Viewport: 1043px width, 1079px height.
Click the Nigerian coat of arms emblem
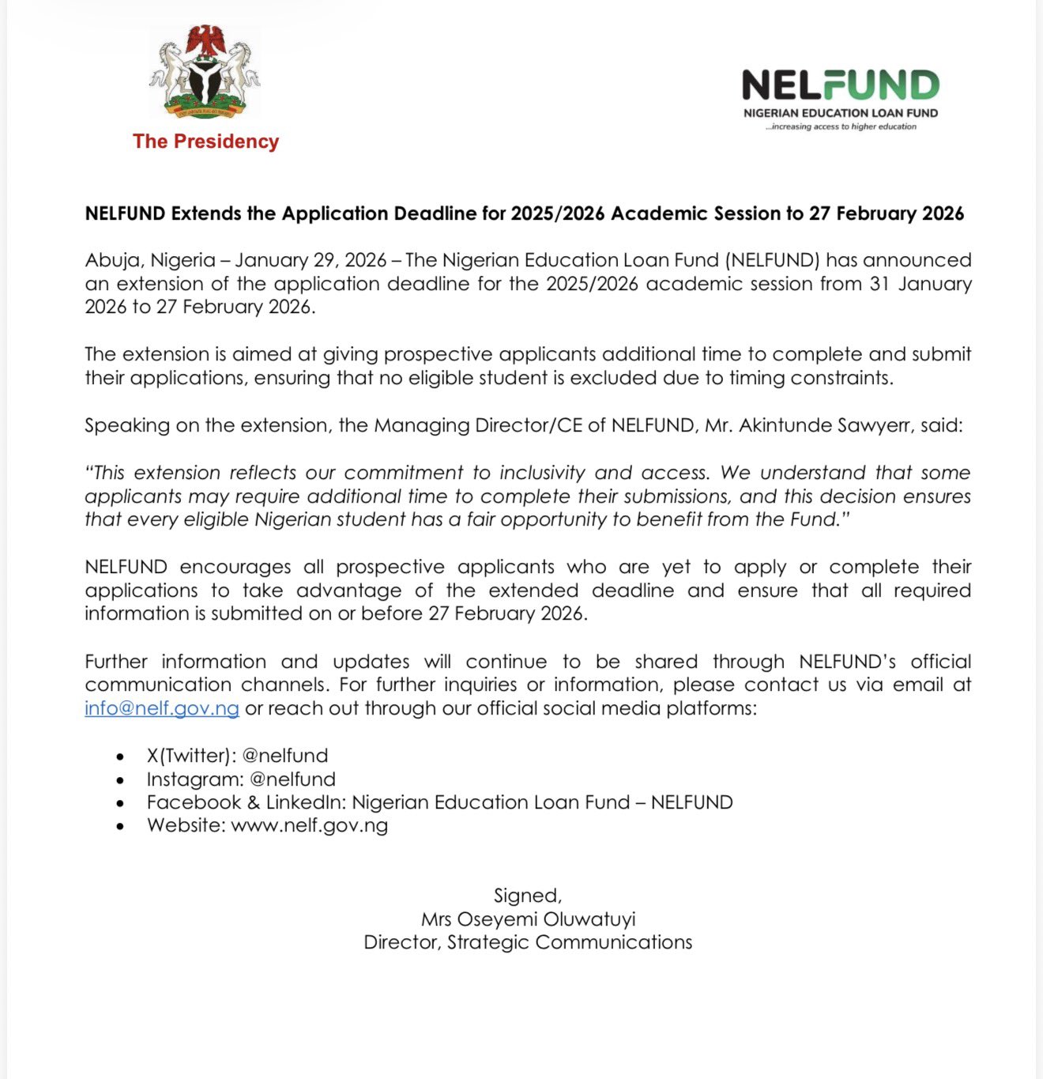205,72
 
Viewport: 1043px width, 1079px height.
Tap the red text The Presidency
205,141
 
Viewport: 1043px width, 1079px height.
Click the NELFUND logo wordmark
840,85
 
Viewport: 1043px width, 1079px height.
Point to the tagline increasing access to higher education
841,126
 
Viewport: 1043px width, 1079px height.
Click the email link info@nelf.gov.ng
162,708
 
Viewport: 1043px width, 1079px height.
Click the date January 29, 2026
311,260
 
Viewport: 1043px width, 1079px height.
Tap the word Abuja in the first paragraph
111,260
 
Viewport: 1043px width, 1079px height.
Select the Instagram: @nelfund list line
241,779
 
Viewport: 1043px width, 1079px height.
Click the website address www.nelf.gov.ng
310,826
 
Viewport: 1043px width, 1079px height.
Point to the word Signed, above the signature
528,896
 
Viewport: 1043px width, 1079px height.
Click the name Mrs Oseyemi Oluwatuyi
528,919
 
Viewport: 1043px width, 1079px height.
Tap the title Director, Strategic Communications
528,942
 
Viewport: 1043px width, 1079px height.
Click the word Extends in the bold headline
207,213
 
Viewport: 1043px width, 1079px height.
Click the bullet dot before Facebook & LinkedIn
120,803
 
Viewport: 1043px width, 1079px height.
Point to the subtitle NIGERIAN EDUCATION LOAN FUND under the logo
841,113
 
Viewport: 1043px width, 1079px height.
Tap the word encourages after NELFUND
235,567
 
